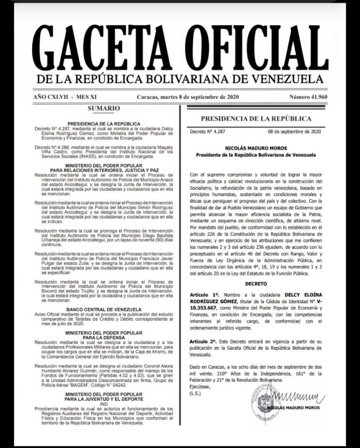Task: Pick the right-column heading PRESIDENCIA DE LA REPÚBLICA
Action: (x=256, y=119)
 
